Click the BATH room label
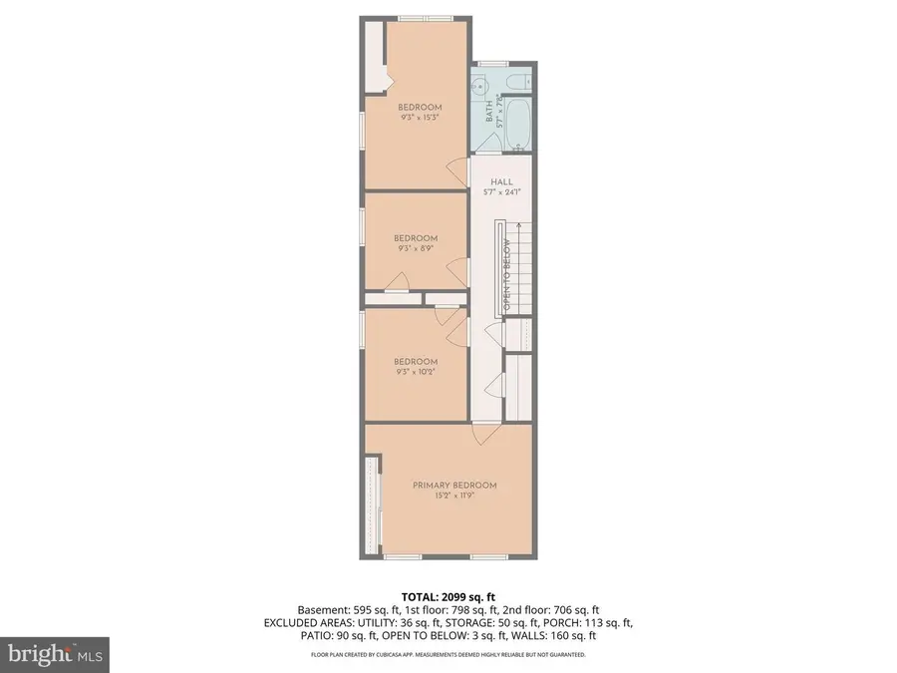[x=488, y=111]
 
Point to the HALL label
[x=501, y=181]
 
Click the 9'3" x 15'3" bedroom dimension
[x=419, y=118]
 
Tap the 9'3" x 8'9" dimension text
[x=415, y=248]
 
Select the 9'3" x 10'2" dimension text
[x=415, y=372]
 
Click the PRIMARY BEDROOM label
[x=454, y=486]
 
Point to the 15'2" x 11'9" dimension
[x=454, y=496]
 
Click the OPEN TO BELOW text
[x=507, y=275]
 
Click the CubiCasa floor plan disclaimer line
[x=448, y=655]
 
